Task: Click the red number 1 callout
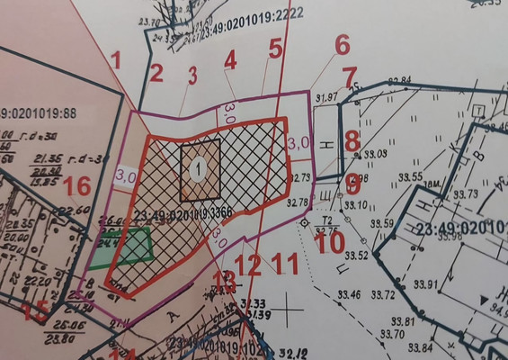pos(115,60)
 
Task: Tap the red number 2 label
pos(156,74)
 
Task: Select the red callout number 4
pos(230,60)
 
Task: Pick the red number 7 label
pos(350,77)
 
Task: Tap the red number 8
pos(352,140)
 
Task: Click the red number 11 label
pos(285,265)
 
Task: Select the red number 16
pos(77,186)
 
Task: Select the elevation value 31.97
pos(326,96)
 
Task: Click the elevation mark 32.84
pos(399,82)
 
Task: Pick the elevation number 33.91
pos(426,285)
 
